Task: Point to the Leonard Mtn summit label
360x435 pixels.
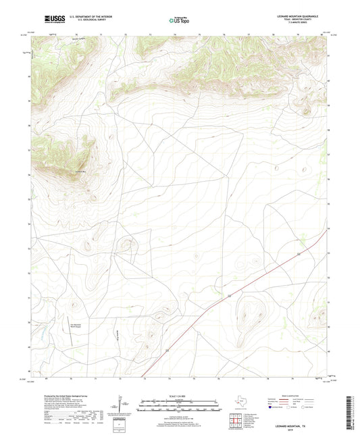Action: [78, 172]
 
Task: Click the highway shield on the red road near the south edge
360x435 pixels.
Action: [166, 351]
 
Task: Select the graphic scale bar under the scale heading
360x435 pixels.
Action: [179, 407]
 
